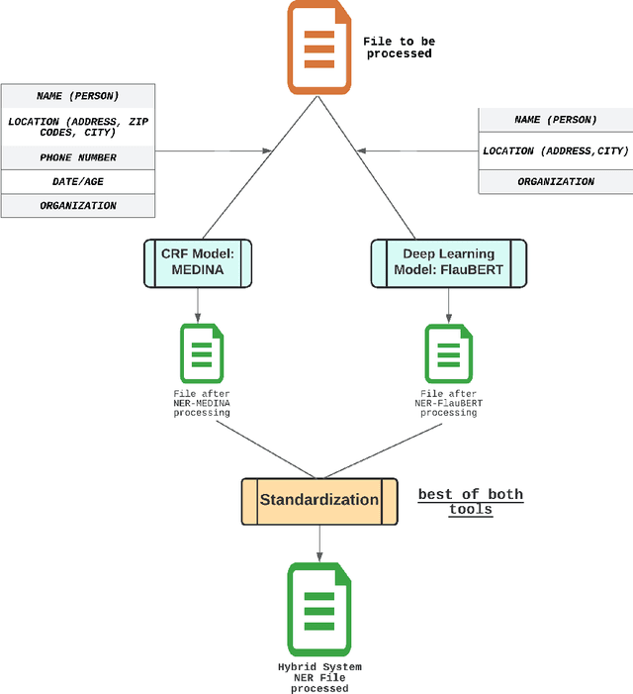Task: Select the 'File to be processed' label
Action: pos(399,48)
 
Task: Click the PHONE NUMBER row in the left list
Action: pos(78,157)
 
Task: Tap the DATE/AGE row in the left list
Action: pos(78,182)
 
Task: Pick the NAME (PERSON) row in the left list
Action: pos(78,96)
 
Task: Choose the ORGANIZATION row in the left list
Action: pos(78,206)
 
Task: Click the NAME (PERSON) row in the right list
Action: pos(555,120)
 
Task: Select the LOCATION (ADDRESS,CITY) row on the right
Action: pos(555,150)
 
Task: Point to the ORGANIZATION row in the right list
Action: pos(555,182)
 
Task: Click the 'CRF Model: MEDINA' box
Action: pos(198,262)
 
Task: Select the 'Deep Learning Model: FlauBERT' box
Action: pos(448,262)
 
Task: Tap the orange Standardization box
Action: pos(319,500)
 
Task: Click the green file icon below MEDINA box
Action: pos(201,353)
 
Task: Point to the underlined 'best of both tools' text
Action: pos(470,502)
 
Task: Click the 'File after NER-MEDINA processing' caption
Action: pos(202,403)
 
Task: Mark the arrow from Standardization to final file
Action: pos(318,543)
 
